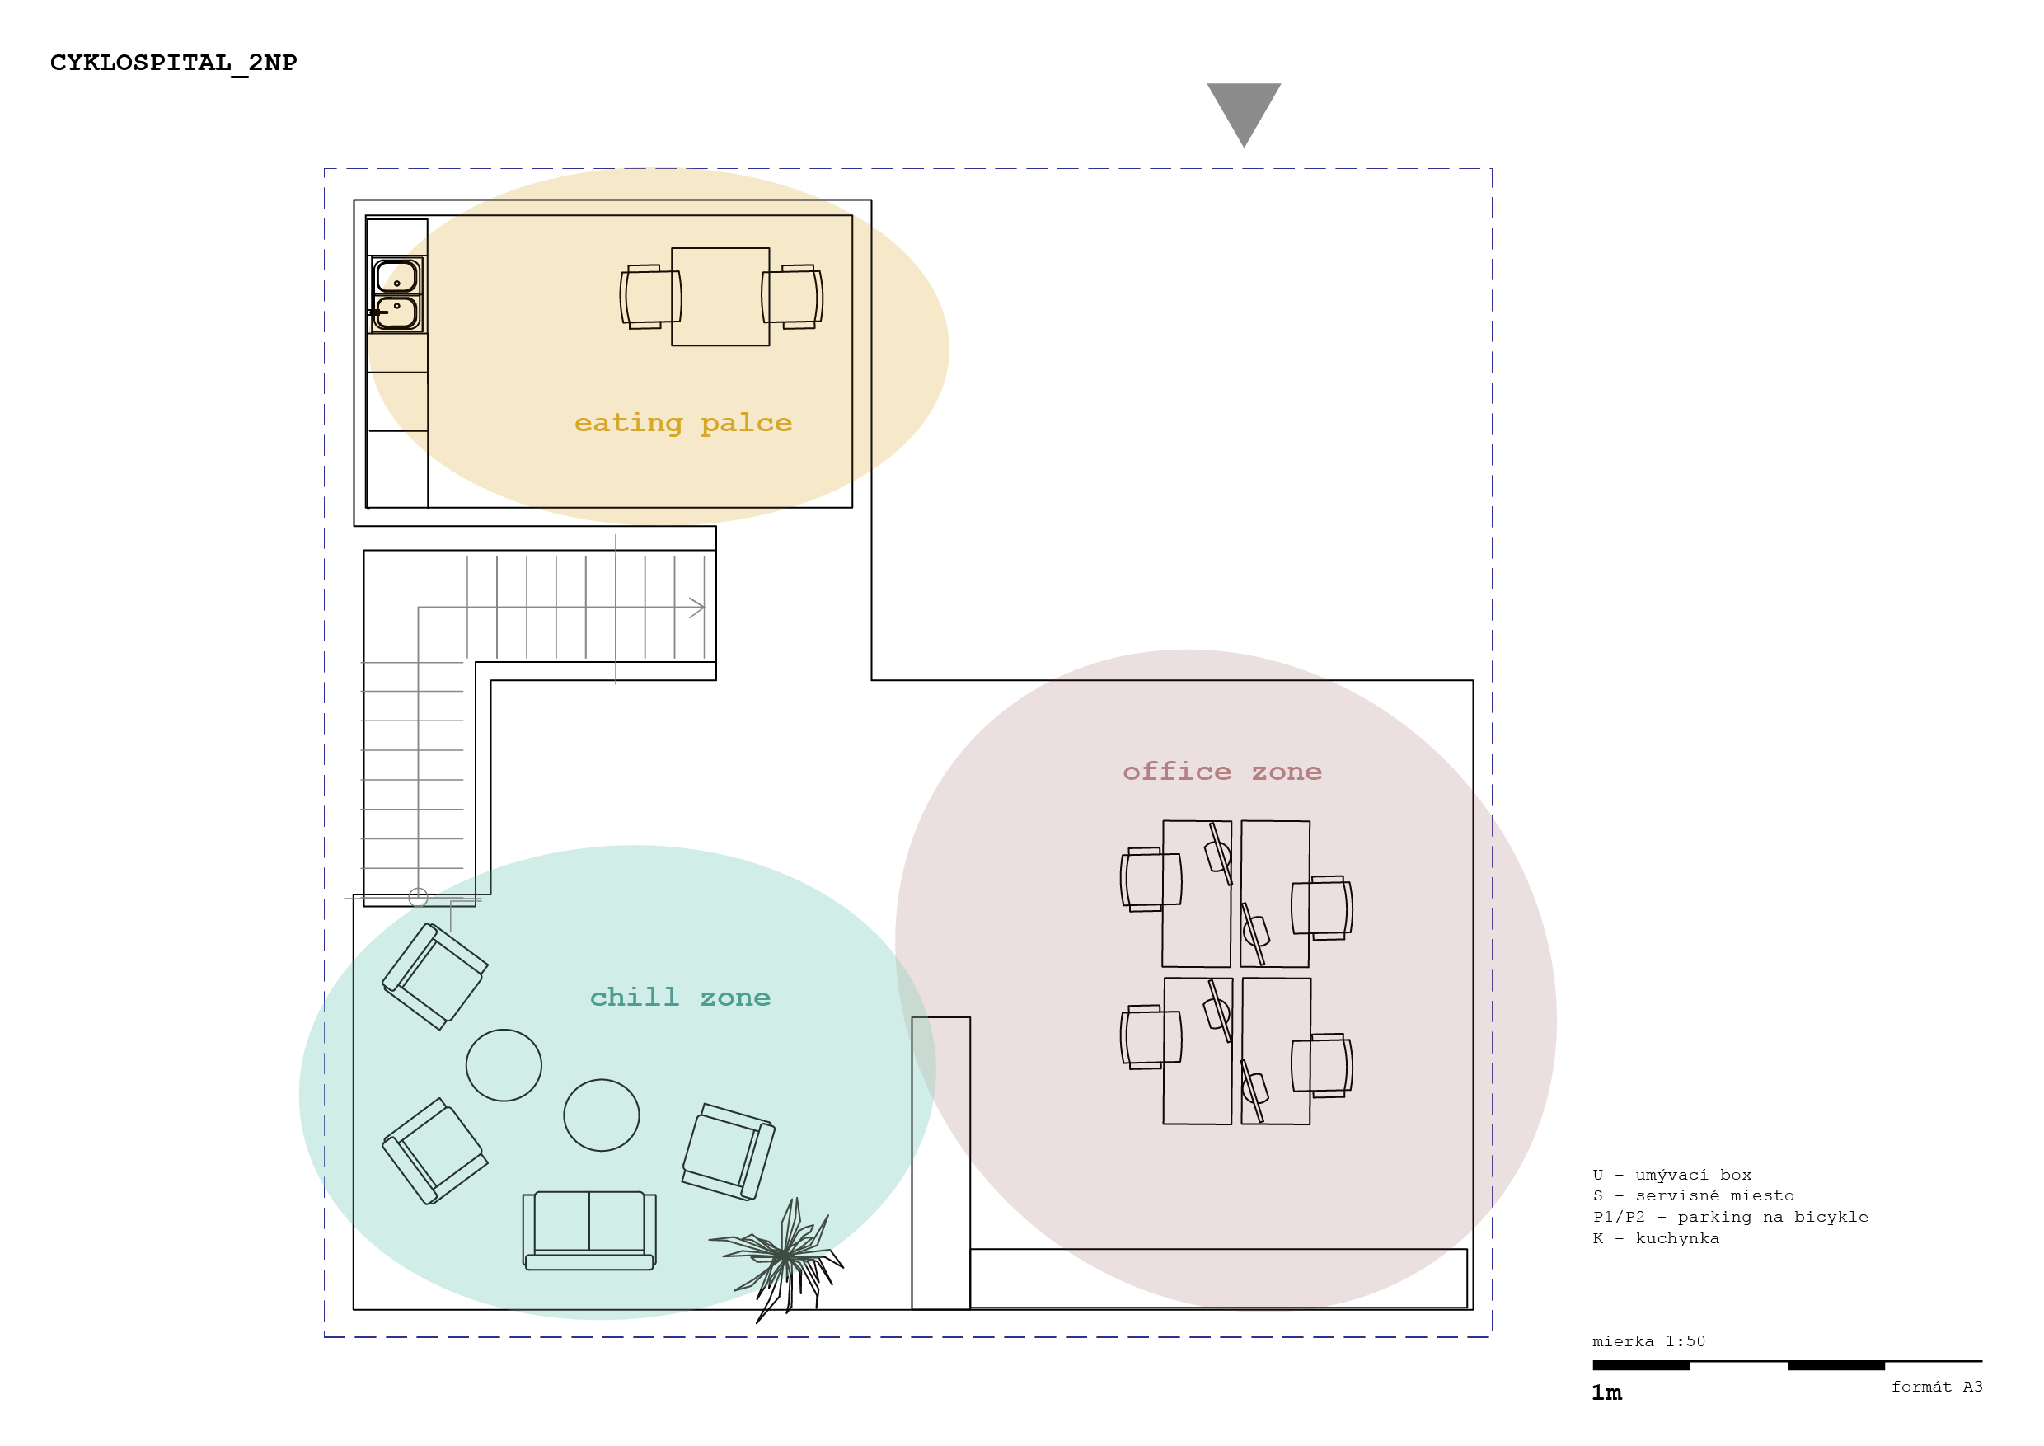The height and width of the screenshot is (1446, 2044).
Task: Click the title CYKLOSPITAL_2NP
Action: click(x=174, y=63)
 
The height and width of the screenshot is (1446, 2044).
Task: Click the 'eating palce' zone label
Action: click(x=682, y=424)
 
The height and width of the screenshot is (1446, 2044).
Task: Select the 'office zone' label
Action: click(x=1221, y=771)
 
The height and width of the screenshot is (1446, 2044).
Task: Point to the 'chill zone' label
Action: click(x=680, y=998)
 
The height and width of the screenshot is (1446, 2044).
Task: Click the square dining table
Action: click(x=720, y=297)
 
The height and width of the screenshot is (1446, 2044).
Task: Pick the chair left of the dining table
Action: click(x=651, y=297)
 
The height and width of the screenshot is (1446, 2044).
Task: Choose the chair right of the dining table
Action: click(x=792, y=297)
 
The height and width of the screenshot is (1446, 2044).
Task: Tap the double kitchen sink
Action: click(x=397, y=294)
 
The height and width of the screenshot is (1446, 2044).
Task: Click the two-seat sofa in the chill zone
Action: click(x=589, y=1231)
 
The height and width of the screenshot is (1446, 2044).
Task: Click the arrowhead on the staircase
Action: click(x=697, y=608)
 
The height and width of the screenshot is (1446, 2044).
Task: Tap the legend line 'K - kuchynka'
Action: click(x=1656, y=1238)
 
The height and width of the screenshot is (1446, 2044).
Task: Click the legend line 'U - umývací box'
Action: click(x=1672, y=1176)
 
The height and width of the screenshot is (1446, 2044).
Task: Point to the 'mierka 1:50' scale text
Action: click(x=1648, y=1341)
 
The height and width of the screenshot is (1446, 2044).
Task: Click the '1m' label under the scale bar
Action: click(x=1607, y=1392)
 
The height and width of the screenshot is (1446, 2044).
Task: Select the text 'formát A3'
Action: click(x=1937, y=1387)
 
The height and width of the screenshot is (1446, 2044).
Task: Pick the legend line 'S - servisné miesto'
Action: click(x=1693, y=1196)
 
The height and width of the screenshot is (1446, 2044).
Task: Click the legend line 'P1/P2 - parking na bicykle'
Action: click(x=1731, y=1217)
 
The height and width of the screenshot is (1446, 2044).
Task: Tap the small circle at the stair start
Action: click(x=419, y=897)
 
